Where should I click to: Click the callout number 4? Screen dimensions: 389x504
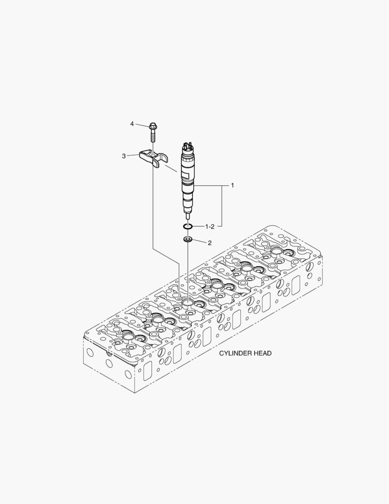click(132, 124)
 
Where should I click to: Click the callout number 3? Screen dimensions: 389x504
click(124, 156)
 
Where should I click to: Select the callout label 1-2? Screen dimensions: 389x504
click(210, 227)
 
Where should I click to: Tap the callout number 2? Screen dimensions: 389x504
click(210, 243)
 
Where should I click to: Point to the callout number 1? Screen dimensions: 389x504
click(232, 185)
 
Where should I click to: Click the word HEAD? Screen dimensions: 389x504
click(263, 353)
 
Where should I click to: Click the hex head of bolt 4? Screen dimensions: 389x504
click(152, 126)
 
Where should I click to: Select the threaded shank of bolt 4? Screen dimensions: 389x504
click(152, 135)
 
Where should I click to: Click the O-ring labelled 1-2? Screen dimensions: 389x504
click(187, 227)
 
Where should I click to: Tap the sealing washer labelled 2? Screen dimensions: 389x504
click(187, 239)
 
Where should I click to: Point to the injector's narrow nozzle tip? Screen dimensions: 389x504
click(187, 215)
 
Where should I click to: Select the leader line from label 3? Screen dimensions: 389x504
click(133, 155)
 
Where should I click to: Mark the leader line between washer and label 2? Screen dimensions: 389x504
click(199, 241)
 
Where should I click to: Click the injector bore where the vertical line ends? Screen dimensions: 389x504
click(187, 302)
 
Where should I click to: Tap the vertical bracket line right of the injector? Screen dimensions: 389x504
click(222, 206)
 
